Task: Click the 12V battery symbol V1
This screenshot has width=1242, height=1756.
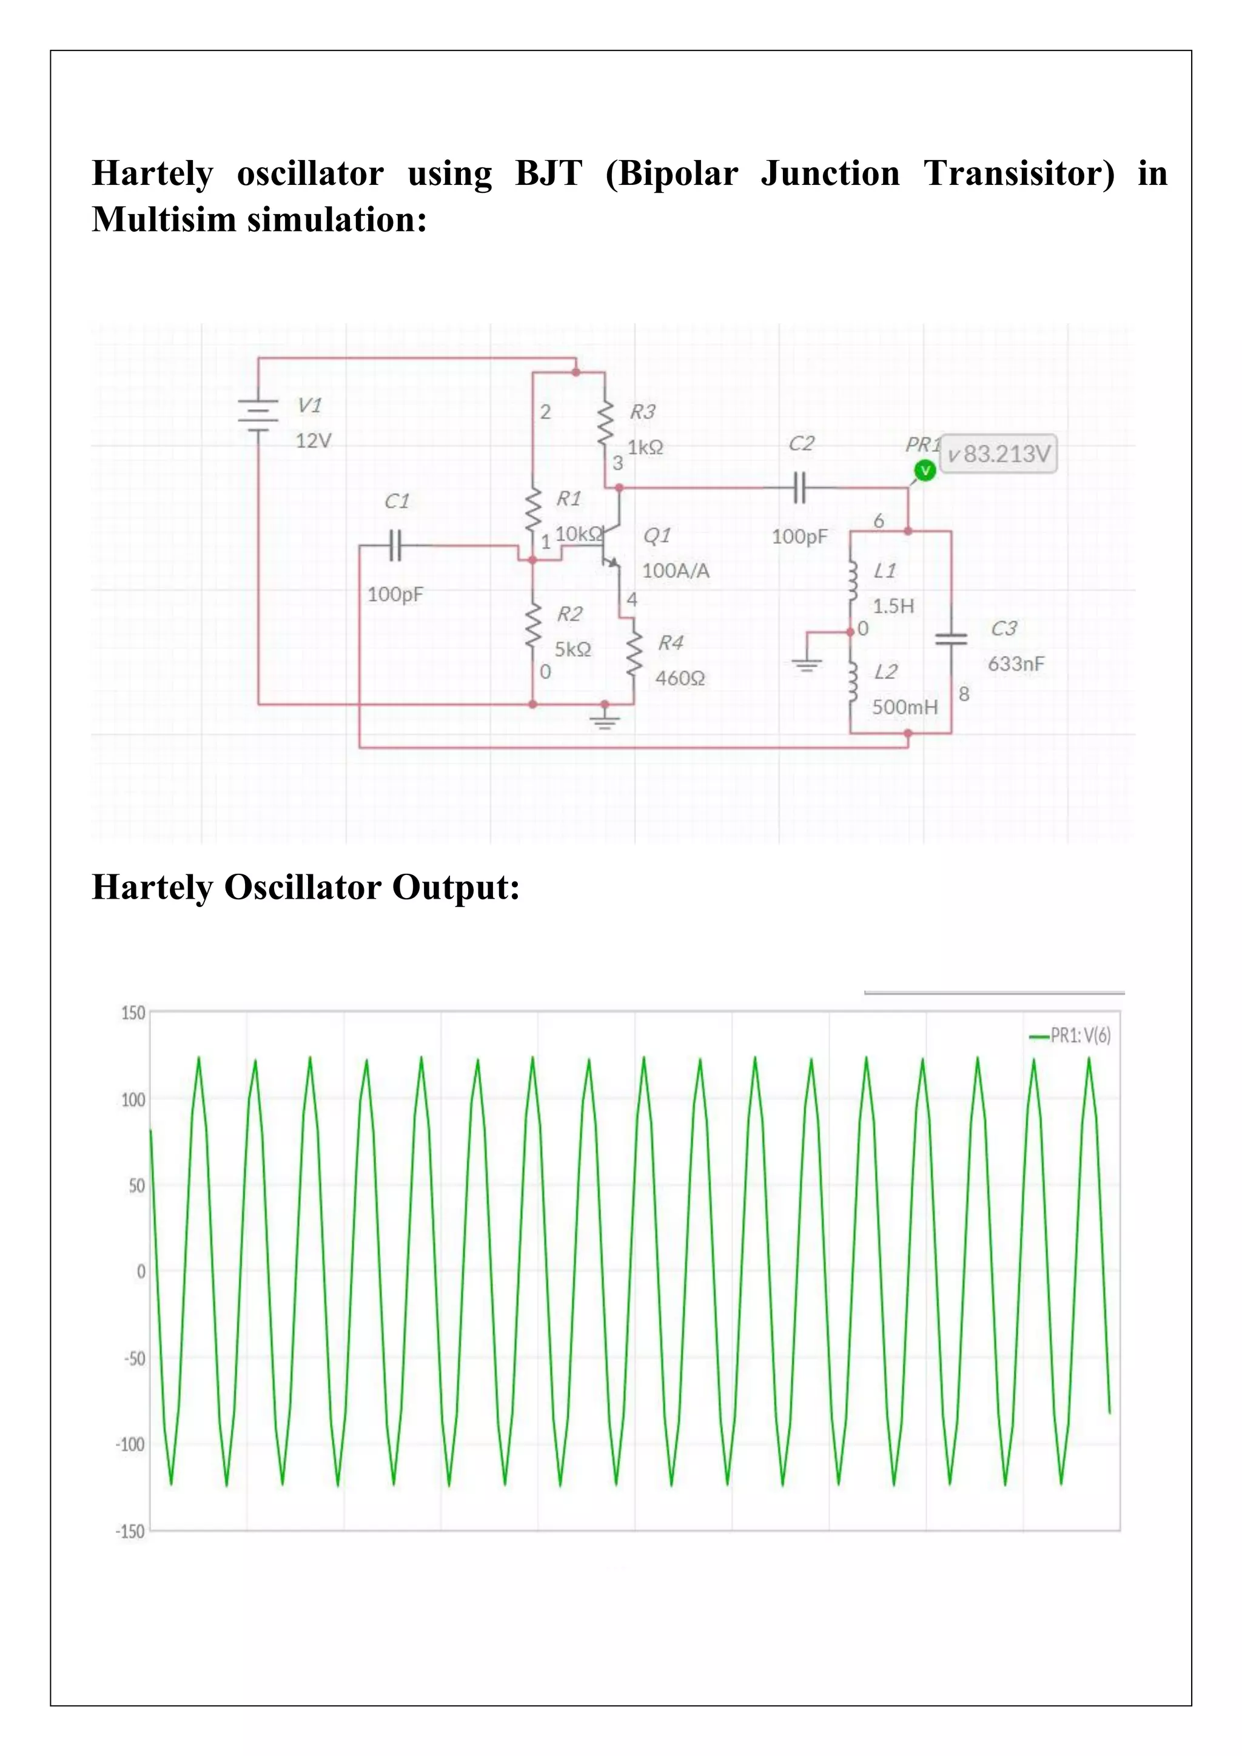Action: (x=258, y=415)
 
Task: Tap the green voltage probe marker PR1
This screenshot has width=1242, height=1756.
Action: (x=925, y=471)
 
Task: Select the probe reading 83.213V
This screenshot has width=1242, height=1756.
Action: (x=999, y=454)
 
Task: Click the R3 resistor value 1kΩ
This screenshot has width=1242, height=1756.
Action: (x=645, y=447)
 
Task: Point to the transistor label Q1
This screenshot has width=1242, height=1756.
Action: (x=657, y=535)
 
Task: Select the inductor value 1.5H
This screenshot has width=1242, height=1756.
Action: (x=893, y=606)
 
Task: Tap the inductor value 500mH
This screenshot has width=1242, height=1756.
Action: (x=905, y=706)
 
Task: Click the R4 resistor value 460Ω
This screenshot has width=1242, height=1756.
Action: (x=680, y=678)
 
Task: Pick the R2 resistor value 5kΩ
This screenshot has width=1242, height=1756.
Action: (x=573, y=649)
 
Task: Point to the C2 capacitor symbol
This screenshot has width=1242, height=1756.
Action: (x=799, y=487)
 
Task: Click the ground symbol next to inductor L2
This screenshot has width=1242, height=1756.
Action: (x=807, y=664)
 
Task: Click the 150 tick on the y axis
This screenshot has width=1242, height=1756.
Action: (x=133, y=1013)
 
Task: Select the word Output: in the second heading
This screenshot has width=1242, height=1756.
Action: (x=456, y=888)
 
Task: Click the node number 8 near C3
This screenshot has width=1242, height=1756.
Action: (x=964, y=694)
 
